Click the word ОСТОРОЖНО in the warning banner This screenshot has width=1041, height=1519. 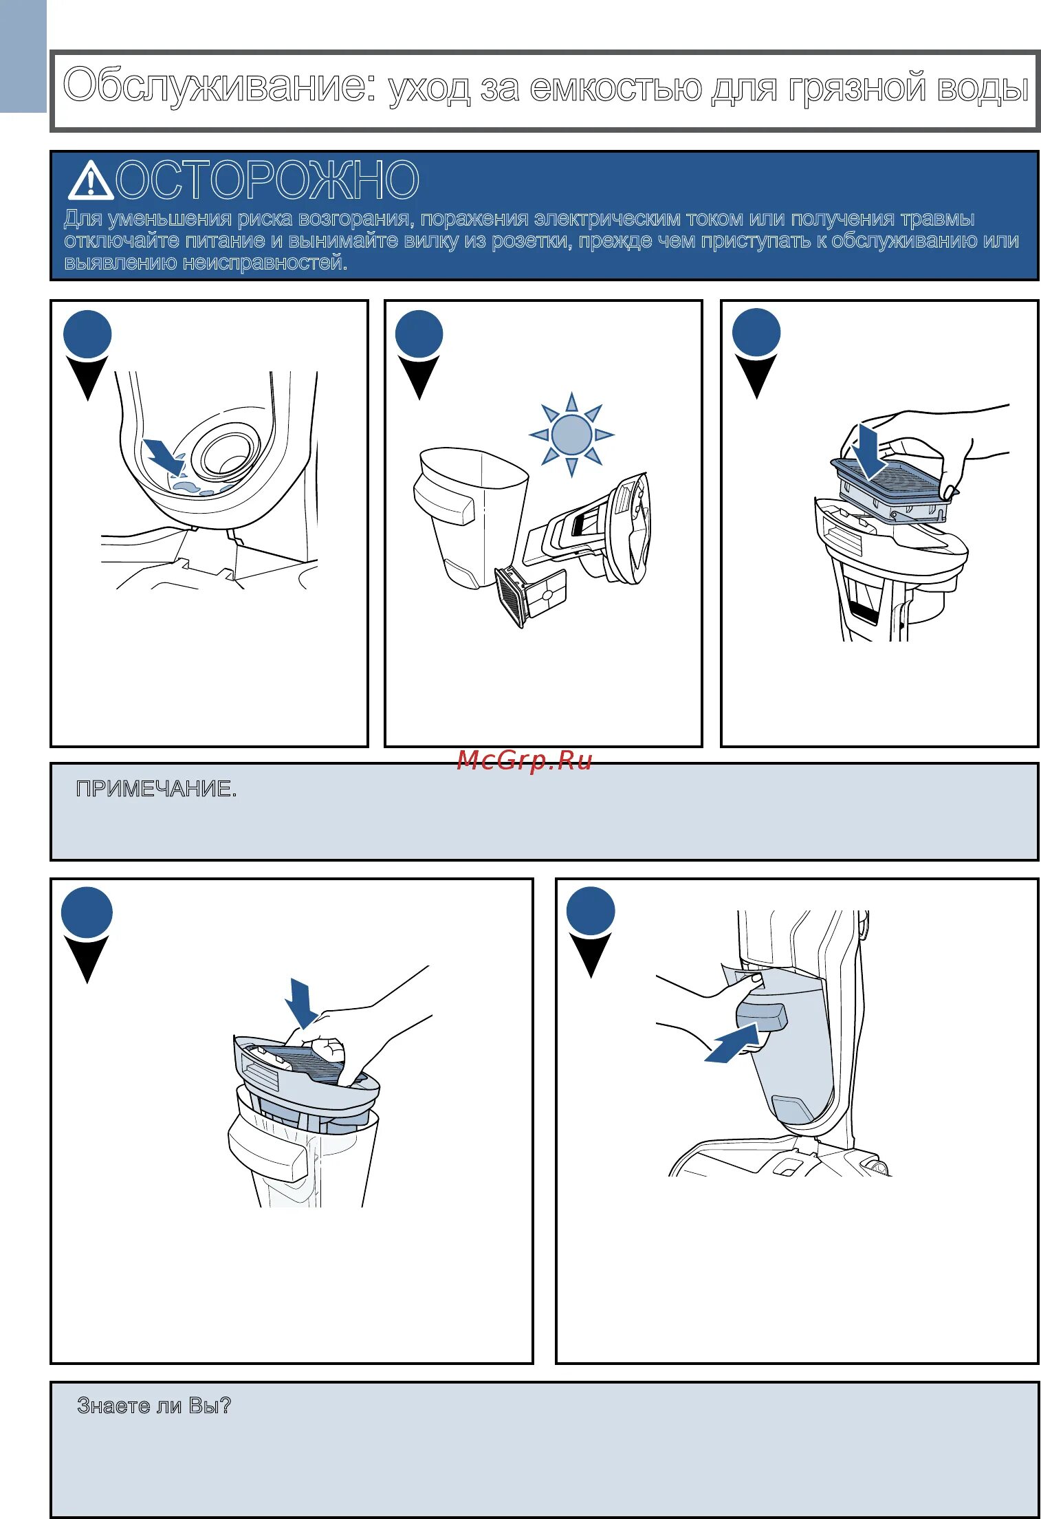tap(267, 180)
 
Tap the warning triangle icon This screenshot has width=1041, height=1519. tap(90, 181)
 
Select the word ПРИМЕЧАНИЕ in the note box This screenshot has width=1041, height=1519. tap(155, 789)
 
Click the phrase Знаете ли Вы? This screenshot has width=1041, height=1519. tap(154, 1406)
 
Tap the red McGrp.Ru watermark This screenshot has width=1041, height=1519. tap(524, 761)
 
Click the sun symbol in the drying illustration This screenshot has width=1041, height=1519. tap(571, 434)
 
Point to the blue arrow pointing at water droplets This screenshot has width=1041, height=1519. tap(163, 456)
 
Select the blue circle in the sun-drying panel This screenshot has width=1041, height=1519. tap(419, 335)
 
